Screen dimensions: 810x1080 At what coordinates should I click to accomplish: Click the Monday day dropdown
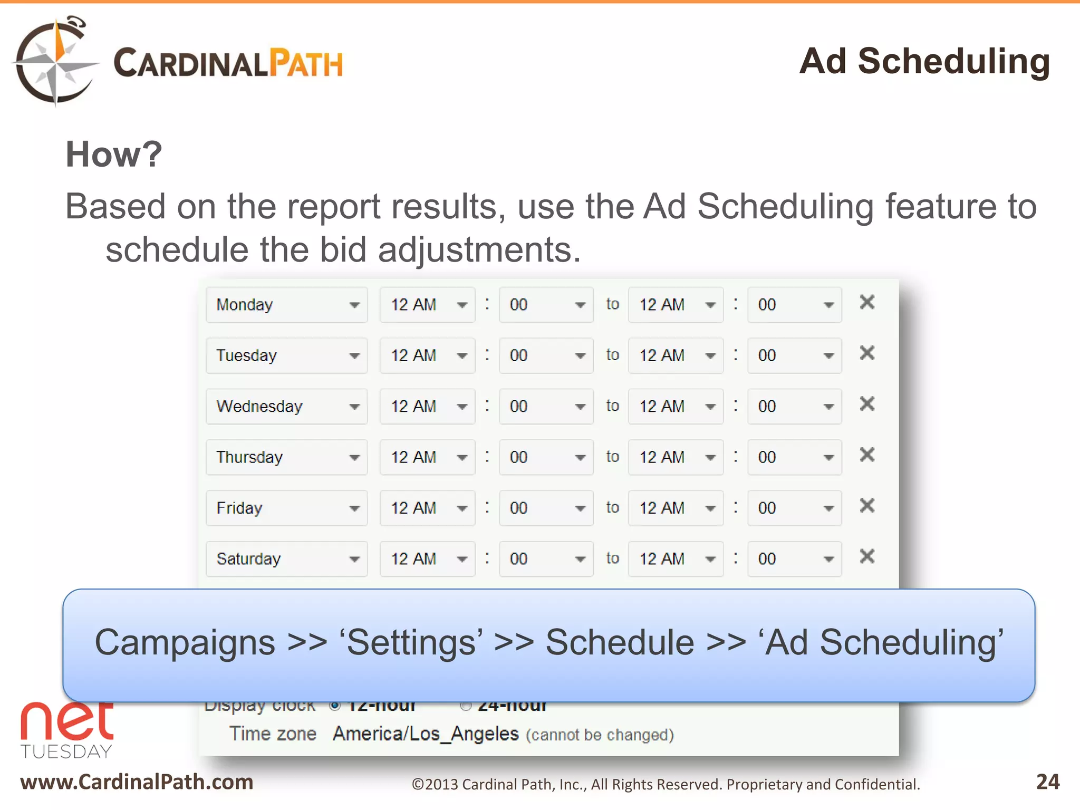[x=286, y=305]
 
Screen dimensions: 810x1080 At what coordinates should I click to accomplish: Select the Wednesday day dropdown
[x=286, y=407]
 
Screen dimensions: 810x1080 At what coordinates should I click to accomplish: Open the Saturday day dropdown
[x=286, y=559]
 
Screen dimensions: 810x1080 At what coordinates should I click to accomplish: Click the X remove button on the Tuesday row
[x=867, y=353]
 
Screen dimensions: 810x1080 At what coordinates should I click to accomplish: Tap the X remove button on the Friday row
[x=867, y=506]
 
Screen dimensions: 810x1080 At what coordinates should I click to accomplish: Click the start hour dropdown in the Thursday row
[x=427, y=457]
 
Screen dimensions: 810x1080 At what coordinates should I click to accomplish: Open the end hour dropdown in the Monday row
[x=676, y=305]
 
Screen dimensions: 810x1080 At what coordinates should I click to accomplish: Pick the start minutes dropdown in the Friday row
[x=546, y=508]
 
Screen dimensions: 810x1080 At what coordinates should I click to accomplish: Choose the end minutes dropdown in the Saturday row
[x=794, y=559]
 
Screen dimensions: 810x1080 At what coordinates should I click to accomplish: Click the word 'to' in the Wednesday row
[x=612, y=406]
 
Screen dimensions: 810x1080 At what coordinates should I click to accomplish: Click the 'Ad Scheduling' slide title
[x=924, y=62]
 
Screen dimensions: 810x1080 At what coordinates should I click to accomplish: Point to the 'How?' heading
[x=114, y=155]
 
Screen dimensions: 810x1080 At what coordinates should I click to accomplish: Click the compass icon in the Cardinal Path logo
[x=54, y=62]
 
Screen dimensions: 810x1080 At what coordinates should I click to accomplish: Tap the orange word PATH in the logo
[x=306, y=64]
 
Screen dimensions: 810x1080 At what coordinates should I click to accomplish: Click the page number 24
[x=1047, y=782]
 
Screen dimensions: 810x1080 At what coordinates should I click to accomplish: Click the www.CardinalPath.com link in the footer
[x=137, y=782]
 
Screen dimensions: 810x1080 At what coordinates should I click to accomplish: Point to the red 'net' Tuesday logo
[x=67, y=730]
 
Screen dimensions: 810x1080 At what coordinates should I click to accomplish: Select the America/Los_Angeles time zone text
[x=426, y=734]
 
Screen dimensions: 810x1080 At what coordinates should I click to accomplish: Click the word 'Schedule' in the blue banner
[x=620, y=643]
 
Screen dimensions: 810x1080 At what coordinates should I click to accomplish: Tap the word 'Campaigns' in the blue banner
[x=185, y=643]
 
